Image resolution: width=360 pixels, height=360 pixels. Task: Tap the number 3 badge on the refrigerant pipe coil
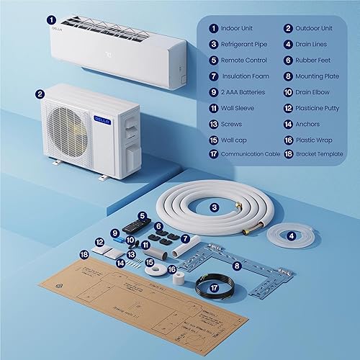(214, 207)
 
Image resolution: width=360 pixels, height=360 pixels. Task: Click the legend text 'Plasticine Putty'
(327, 107)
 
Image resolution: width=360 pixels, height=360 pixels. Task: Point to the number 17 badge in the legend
(215, 154)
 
